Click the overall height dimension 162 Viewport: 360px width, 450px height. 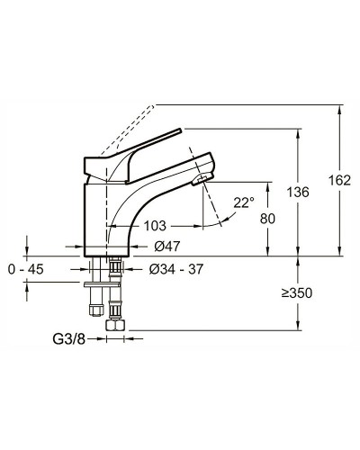click(x=339, y=181)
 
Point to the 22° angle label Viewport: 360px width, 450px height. click(x=244, y=203)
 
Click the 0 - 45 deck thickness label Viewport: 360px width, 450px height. click(x=25, y=268)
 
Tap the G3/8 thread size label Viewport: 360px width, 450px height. click(x=69, y=339)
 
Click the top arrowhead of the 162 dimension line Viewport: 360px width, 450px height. click(x=339, y=111)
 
